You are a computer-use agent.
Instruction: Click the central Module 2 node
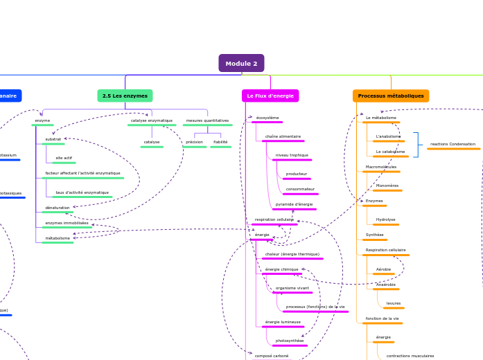(241, 64)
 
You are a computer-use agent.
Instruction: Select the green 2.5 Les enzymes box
(125, 96)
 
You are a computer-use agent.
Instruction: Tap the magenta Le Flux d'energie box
(270, 96)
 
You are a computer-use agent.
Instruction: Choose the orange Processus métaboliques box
(391, 96)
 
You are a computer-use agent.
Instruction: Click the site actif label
(64, 158)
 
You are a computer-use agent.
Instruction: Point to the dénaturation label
(58, 208)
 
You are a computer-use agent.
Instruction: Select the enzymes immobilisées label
(67, 223)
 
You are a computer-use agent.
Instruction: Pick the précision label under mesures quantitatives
(194, 142)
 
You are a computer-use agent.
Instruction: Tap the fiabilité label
(220, 142)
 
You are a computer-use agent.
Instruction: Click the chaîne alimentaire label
(283, 136)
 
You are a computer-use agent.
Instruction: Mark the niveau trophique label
(292, 155)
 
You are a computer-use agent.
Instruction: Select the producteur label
(297, 174)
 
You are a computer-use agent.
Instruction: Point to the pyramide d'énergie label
(294, 204)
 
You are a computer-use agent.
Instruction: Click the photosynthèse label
(290, 341)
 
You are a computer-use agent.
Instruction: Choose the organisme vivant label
(292, 288)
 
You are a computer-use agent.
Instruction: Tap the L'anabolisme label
(388, 136)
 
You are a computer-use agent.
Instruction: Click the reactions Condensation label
(453, 144)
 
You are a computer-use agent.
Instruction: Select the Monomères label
(387, 186)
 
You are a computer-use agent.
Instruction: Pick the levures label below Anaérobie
(394, 303)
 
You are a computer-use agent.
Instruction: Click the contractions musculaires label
(410, 356)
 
